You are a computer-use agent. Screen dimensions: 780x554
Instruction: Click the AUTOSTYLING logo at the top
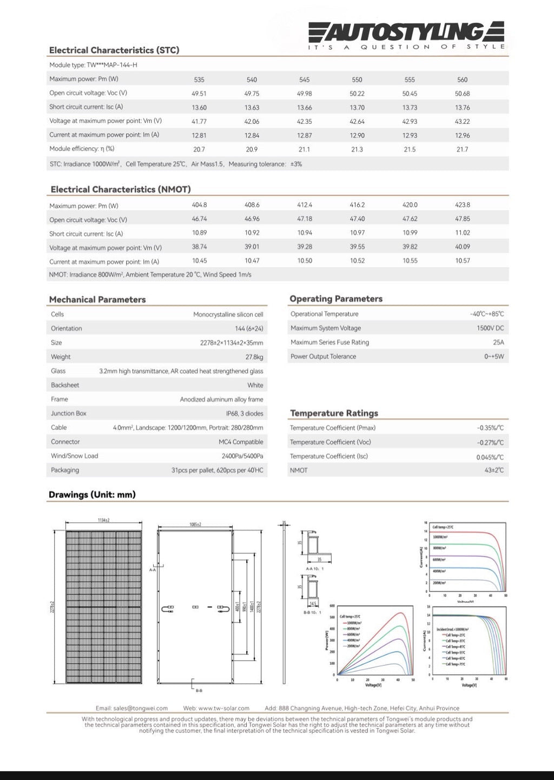(x=406, y=32)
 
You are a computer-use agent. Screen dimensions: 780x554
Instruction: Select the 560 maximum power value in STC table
(x=462, y=80)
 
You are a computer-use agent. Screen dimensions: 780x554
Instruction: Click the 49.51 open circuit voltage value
(x=199, y=94)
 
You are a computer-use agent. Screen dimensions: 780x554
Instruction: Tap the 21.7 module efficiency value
(x=462, y=149)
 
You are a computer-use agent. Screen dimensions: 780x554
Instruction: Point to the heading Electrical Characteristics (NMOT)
(x=120, y=189)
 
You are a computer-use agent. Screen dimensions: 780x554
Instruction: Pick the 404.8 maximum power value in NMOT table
(x=199, y=205)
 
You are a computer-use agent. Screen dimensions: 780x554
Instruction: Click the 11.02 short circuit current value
(x=462, y=233)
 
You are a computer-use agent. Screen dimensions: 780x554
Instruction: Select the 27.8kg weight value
(x=254, y=357)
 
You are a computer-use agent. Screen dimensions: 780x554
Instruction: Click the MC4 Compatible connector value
(x=241, y=442)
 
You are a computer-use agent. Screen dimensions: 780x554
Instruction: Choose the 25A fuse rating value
(x=498, y=342)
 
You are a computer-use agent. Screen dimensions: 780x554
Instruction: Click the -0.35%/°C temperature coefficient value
(x=490, y=428)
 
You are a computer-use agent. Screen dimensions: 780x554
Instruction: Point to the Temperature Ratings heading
(x=334, y=413)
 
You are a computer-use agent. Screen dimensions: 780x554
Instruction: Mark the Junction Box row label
(x=69, y=413)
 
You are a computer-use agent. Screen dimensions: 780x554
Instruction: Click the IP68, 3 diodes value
(x=245, y=414)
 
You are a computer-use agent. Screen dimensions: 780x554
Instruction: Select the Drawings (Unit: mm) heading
(x=92, y=494)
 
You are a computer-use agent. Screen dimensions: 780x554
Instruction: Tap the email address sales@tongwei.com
(x=131, y=708)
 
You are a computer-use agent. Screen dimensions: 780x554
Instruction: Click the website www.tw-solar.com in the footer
(x=216, y=708)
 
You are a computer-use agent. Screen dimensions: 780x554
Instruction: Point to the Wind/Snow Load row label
(x=75, y=456)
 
